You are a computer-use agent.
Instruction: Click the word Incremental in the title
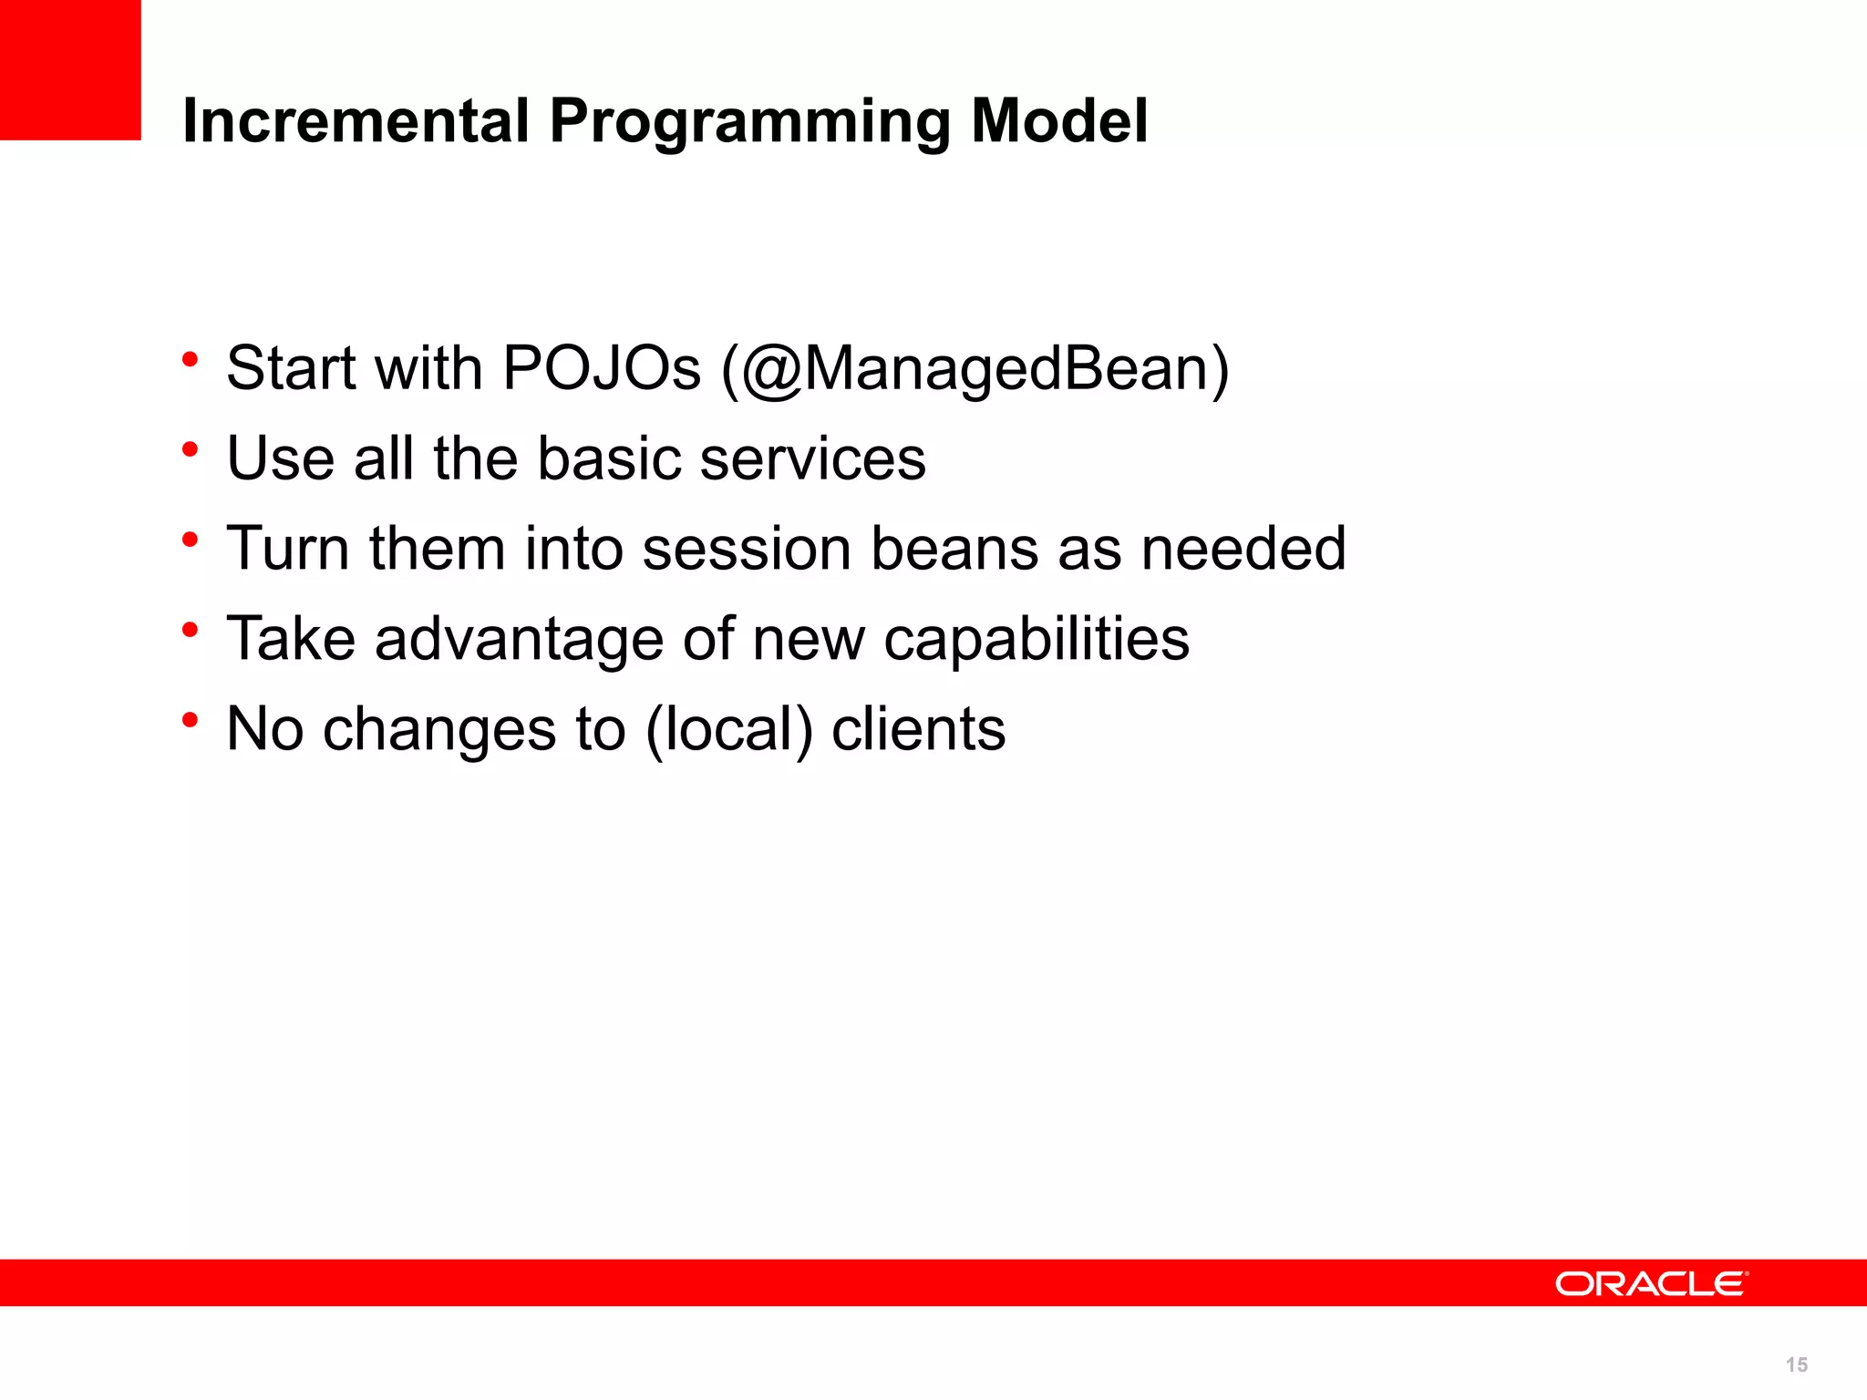click(356, 120)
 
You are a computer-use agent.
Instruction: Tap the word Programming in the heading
click(749, 122)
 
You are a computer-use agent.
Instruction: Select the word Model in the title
click(1058, 120)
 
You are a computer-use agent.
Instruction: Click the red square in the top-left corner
click(70, 69)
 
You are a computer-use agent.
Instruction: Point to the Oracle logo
click(1651, 1283)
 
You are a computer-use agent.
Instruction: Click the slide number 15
click(1796, 1364)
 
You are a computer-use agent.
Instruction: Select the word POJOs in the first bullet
click(602, 368)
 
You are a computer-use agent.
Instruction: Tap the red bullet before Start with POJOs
click(190, 359)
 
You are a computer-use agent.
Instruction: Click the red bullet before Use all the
click(190, 449)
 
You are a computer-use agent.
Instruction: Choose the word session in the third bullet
click(747, 549)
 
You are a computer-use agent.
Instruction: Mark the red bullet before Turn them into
click(190, 540)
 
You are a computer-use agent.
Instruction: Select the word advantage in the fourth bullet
click(519, 640)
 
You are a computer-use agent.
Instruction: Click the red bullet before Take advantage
click(190, 630)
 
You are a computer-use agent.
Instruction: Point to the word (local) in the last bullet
click(728, 730)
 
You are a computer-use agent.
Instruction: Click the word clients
click(918, 730)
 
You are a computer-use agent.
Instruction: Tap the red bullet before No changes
click(190, 720)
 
